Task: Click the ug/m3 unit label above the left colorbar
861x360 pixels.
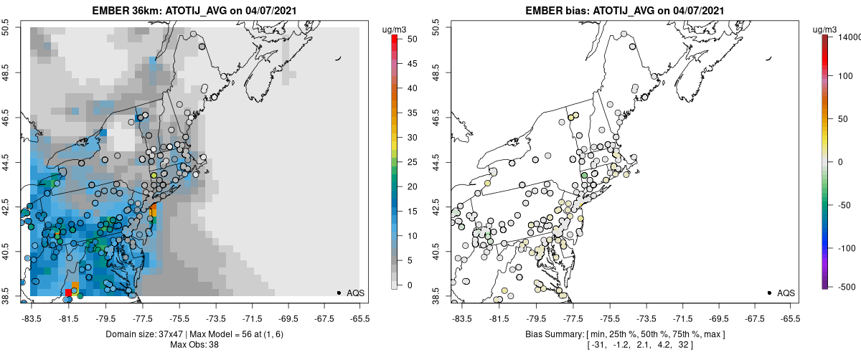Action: click(395, 29)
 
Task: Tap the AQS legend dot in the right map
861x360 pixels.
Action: click(768, 293)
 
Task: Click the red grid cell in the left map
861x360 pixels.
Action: click(68, 293)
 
